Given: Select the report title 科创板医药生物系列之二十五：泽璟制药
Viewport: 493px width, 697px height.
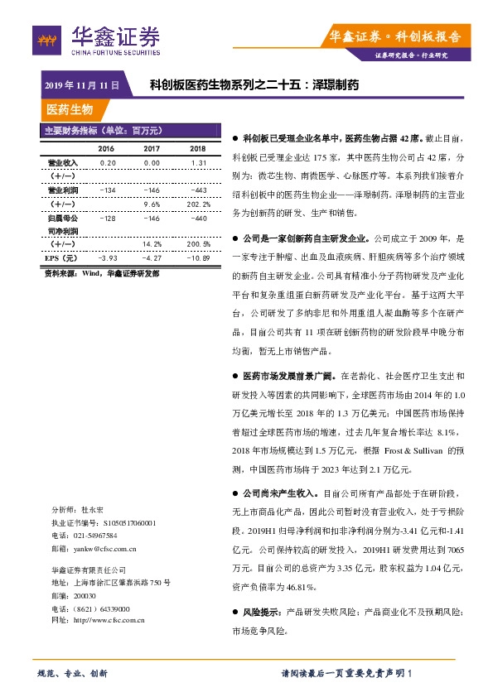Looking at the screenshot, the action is pos(254,84).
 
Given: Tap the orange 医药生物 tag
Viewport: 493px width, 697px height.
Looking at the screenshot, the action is pos(70,109).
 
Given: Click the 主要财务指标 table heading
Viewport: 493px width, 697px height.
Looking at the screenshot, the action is pos(104,130).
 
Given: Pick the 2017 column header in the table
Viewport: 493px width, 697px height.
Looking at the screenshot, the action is pos(152,149).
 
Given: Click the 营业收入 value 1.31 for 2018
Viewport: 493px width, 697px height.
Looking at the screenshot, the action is pos(197,163).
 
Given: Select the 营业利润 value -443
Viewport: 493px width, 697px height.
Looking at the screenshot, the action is pos(197,190).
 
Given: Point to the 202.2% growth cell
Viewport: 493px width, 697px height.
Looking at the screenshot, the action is pos(197,204).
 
